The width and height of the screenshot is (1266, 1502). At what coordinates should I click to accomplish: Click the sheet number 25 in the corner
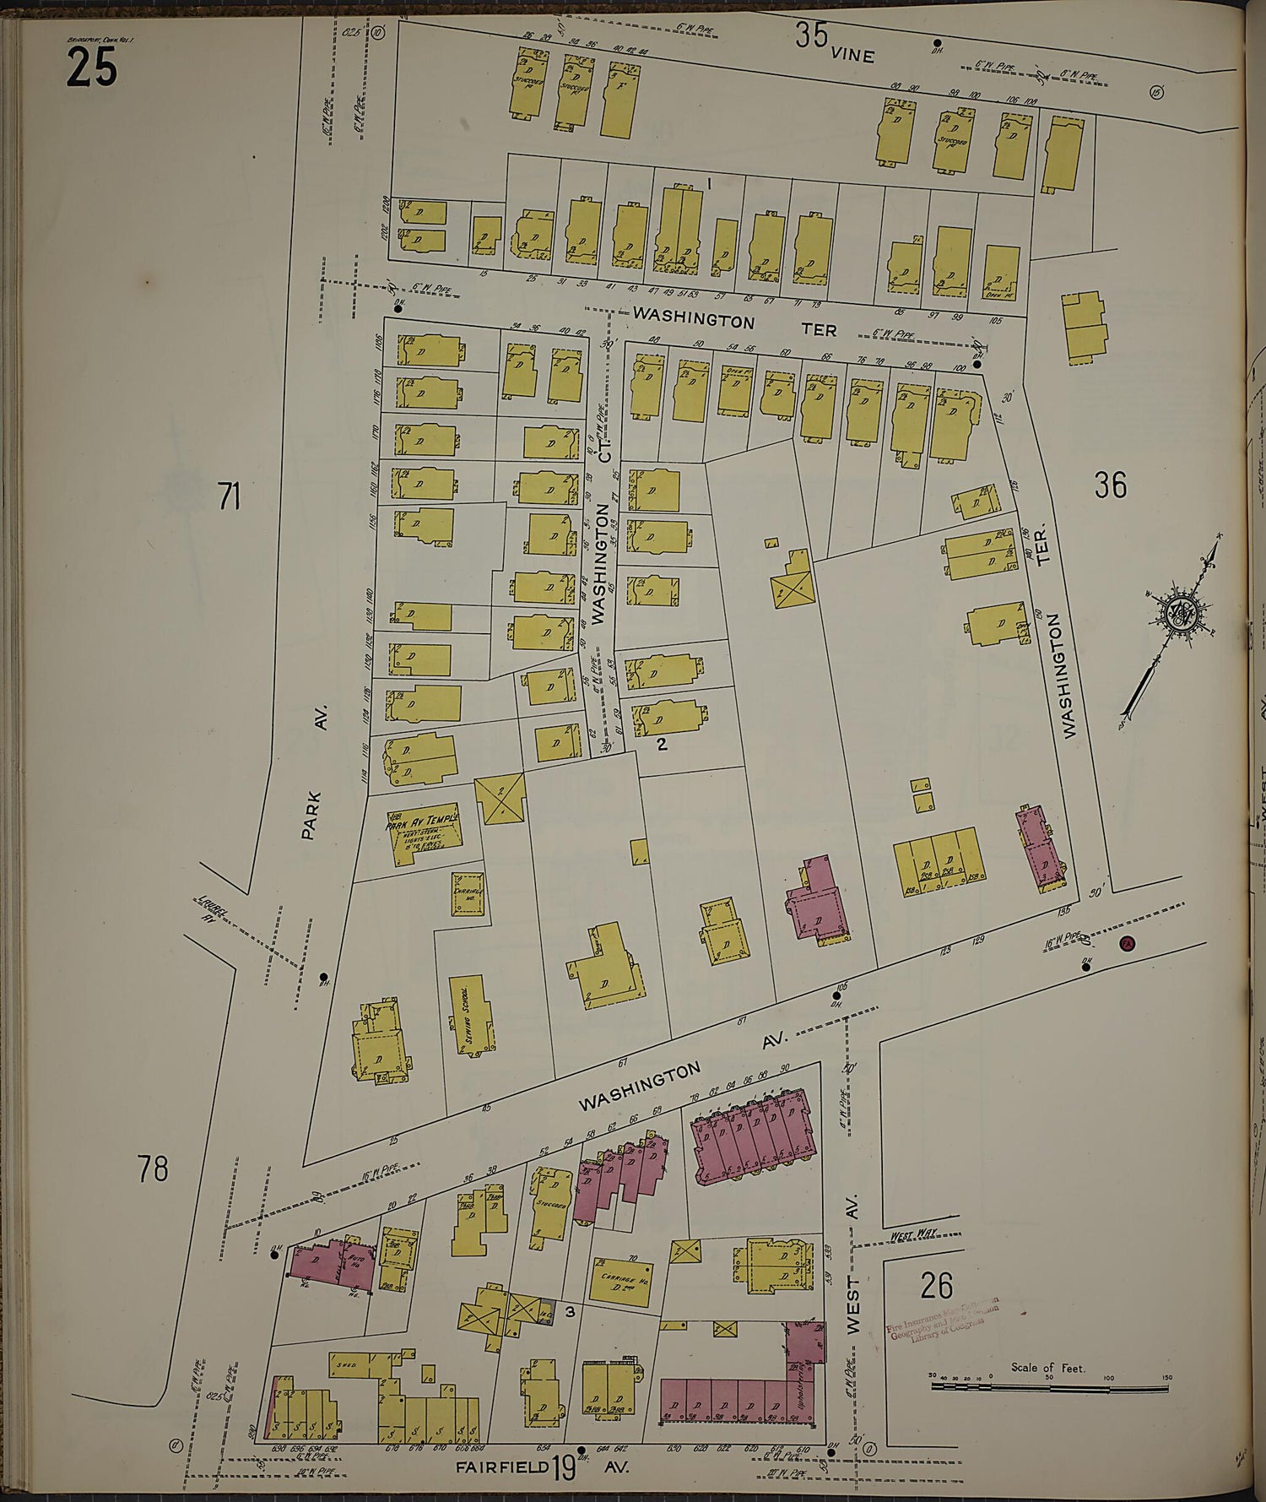(90, 68)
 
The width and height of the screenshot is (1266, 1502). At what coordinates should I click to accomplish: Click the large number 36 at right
(1110, 485)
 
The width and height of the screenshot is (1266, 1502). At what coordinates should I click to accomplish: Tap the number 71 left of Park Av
(229, 497)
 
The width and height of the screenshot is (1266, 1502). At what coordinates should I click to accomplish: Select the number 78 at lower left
(153, 1169)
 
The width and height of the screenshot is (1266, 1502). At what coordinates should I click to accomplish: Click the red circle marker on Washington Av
(1125, 944)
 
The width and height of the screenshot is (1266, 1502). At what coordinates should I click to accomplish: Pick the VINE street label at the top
(852, 56)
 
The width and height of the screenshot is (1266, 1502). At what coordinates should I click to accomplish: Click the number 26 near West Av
(937, 1286)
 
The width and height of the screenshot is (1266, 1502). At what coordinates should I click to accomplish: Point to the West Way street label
(915, 1234)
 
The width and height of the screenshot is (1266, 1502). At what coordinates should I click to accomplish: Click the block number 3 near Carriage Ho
(571, 1310)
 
